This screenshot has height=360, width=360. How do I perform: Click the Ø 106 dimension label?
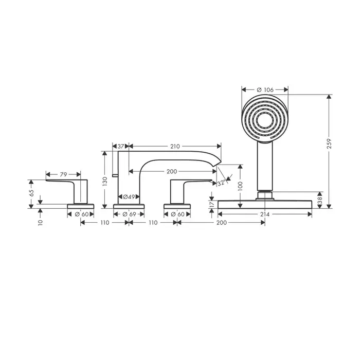click(265, 90)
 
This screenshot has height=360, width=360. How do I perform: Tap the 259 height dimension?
click(329, 143)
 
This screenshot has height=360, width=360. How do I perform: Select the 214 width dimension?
click(265, 214)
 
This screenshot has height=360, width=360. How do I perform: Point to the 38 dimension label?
click(320, 200)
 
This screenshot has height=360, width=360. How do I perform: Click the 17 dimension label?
click(212, 204)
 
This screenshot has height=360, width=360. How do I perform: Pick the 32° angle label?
click(221, 183)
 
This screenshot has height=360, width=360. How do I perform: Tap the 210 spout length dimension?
click(175, 146)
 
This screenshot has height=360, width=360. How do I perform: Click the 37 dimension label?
click(121, 146)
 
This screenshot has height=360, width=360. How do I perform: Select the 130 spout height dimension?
click(105, 182)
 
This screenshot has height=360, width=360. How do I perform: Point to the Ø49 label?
click(129, 197)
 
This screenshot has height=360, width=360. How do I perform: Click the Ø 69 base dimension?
click(129, 214)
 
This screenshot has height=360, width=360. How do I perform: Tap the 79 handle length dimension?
click(63, 174)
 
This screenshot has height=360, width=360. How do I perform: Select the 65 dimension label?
click(31, 193)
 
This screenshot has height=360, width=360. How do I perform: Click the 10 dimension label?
click(41, 222)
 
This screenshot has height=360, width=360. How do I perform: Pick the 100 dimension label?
click(240, 186)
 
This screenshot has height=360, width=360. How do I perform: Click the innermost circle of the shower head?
click(265, 120)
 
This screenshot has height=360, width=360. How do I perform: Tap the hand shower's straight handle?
click(265, 167)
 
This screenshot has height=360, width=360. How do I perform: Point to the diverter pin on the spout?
click(115, 175)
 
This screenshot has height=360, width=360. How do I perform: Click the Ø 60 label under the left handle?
click(81, 214)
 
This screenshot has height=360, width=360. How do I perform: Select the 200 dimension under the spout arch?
click(172, 171)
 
